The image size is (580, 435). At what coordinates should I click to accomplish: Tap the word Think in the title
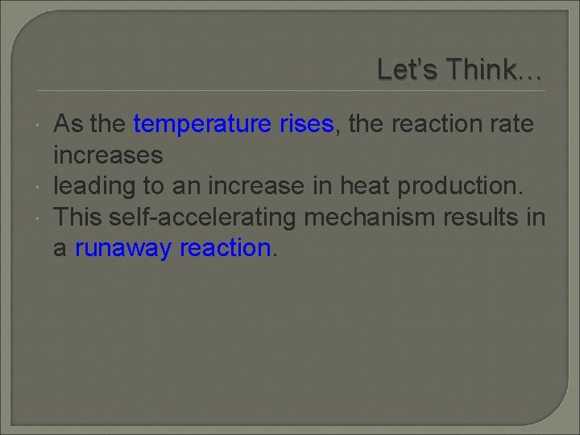point(483,71)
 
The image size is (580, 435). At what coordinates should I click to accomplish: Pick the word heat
point(359,186)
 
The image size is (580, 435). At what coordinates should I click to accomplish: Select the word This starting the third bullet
point(77,217)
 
